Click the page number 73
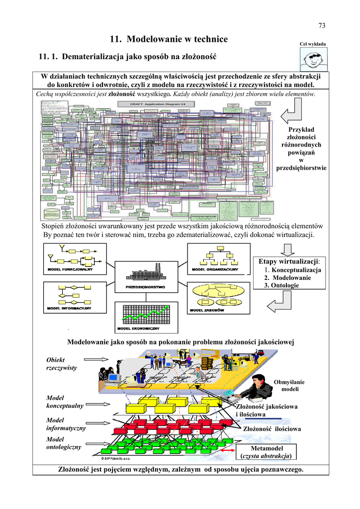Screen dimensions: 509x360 (x=321, y=26)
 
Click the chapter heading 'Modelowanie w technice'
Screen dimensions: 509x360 (x=169, y=39)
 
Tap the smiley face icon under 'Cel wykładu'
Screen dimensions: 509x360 (x=313, y=61)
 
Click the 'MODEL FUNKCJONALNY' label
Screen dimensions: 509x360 (x=70, y=269)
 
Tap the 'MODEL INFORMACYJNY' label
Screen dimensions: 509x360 (x=70, y=308)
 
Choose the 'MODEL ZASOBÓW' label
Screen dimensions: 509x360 (x=206, y=310)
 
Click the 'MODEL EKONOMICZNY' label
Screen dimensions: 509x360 (x=138, y=329)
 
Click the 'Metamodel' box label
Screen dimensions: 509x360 (x=266, y=448)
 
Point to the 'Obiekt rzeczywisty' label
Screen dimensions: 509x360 (x=56, y=363)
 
